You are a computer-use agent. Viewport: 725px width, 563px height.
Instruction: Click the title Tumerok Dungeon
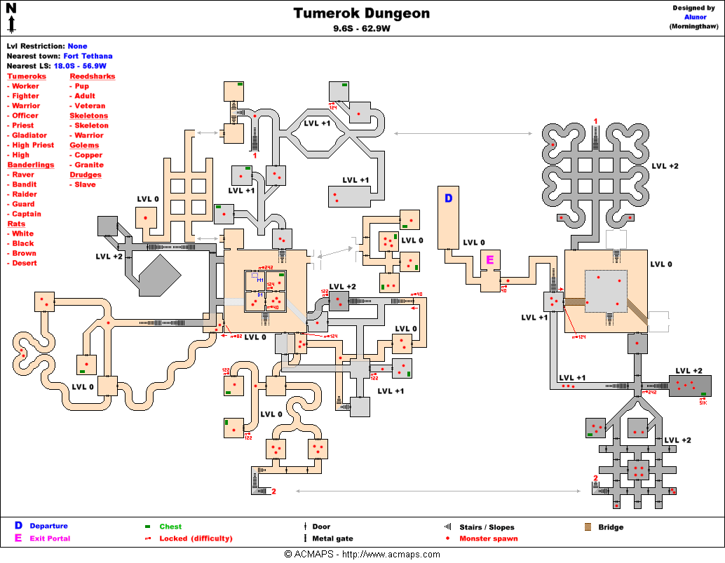[361, 13]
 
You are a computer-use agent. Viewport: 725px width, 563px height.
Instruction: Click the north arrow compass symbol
[11, 18]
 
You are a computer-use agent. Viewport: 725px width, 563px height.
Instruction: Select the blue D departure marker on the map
[448, 198]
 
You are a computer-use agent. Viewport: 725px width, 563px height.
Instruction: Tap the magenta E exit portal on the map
[491, 260]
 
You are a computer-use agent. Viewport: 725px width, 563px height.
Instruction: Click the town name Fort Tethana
[88, 56]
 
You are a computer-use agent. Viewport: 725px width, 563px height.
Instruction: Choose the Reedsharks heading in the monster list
[92, 76]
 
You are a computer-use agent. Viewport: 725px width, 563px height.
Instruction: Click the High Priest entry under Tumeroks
[33, 145]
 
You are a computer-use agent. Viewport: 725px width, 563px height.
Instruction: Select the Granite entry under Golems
[89, 165]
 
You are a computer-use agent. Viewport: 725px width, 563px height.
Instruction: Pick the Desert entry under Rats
[25, 263]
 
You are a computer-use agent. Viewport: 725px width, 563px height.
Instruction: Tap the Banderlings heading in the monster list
[30, 165]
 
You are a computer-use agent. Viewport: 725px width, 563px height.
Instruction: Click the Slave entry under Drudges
[86, 184]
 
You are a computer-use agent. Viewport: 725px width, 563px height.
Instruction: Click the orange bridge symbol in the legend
[588, 527]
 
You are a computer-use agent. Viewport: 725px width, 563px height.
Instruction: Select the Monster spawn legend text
[488, 538]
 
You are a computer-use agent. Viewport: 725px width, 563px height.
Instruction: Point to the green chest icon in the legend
[148, 527]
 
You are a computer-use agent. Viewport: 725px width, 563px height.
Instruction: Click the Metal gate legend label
[332, 538]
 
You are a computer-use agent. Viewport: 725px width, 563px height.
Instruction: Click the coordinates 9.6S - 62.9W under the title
[361, 29]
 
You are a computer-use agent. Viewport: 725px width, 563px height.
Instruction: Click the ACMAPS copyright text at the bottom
[362, 555]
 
